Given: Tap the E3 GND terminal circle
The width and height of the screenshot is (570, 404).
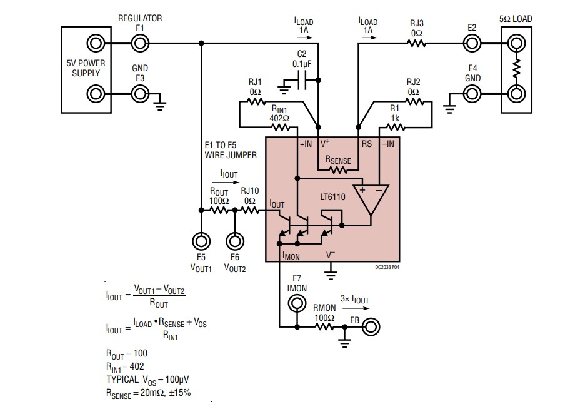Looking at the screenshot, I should [139, 94].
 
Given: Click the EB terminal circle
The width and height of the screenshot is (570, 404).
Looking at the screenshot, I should [371, 326].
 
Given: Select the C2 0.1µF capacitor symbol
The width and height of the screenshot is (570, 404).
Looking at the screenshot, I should [303, 80].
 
